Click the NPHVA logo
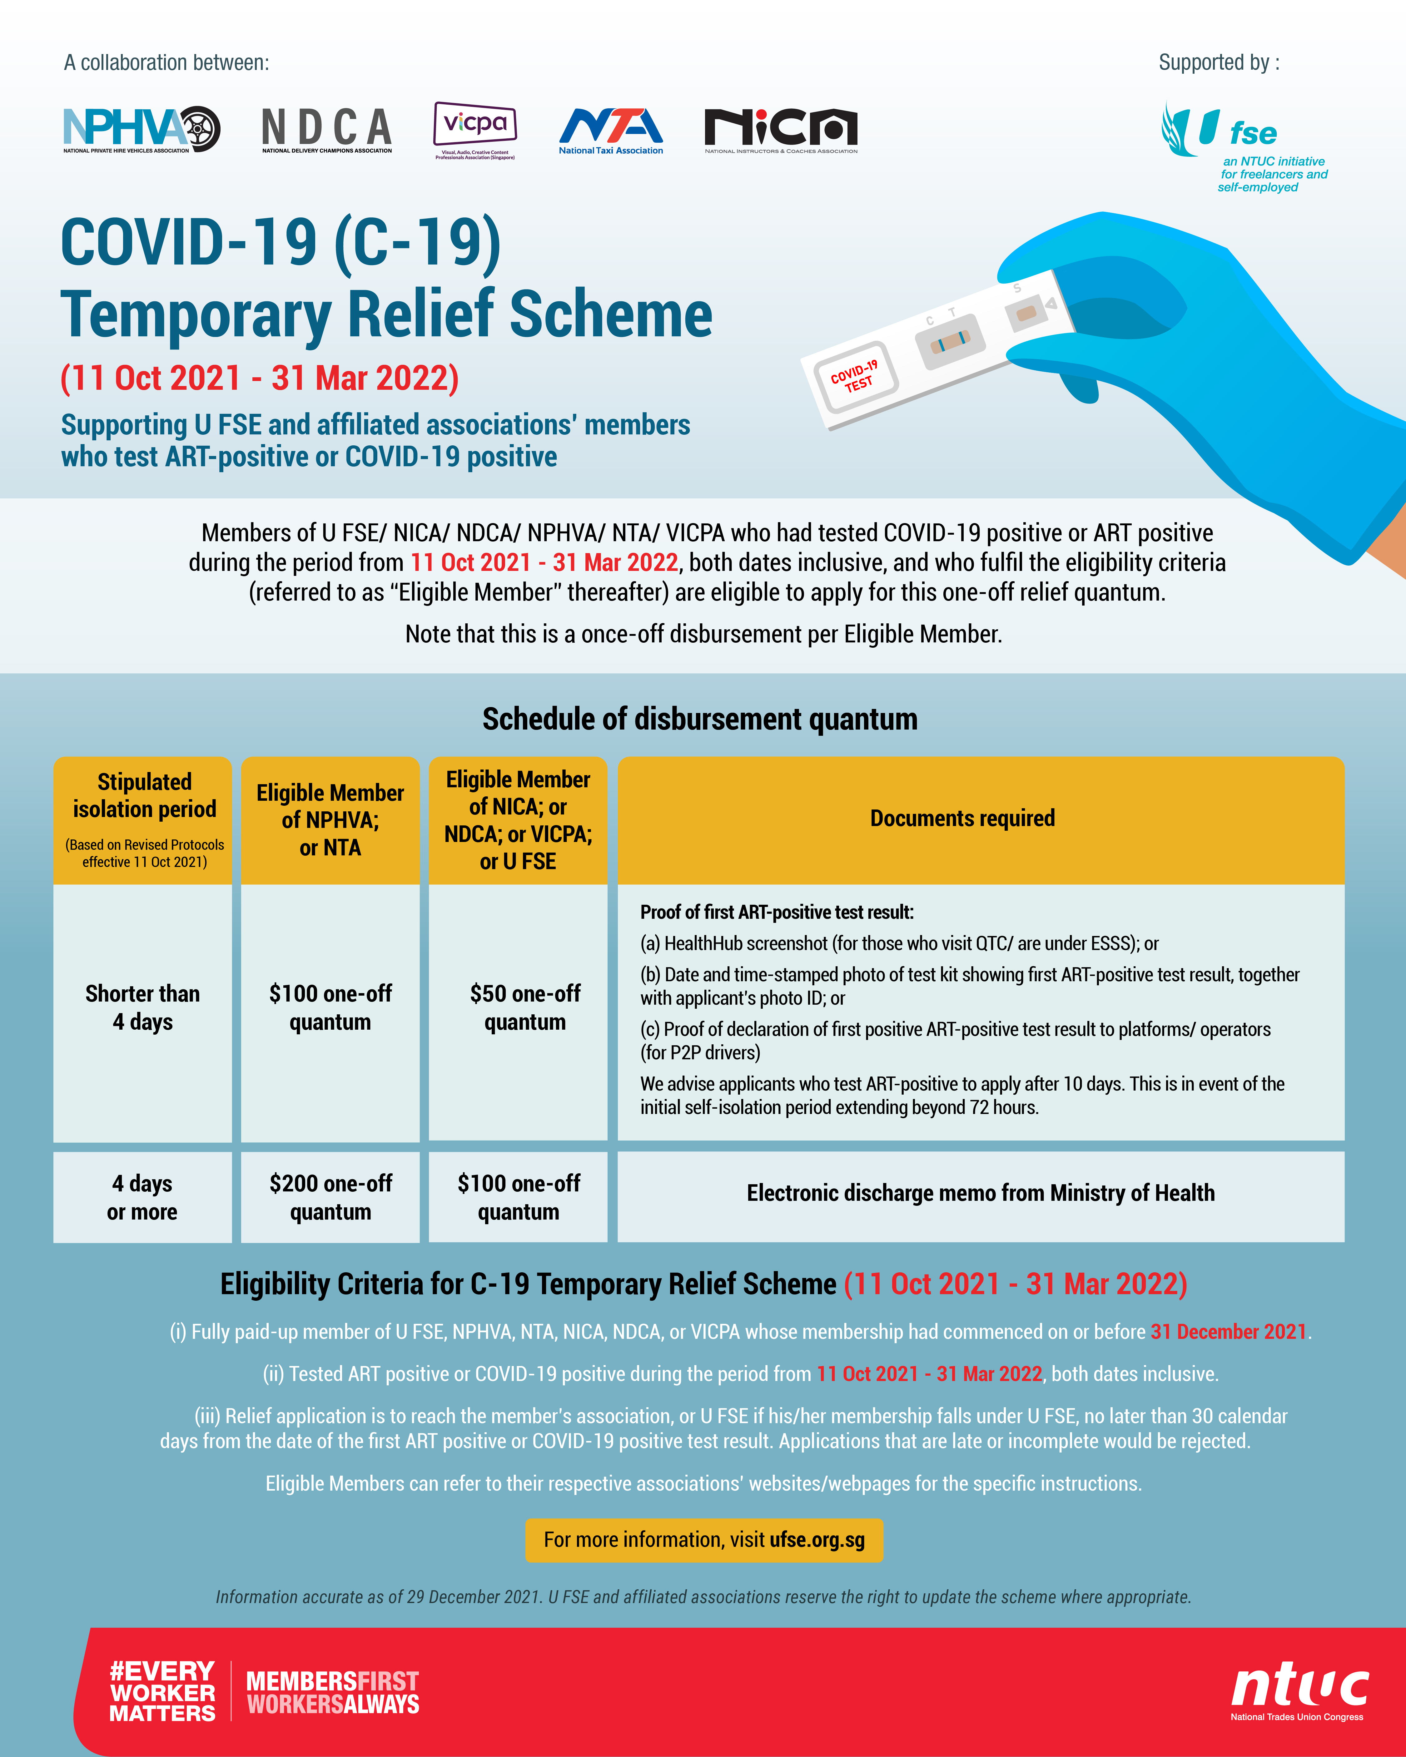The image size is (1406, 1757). [141, 129]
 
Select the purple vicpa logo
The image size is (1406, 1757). [475, 129]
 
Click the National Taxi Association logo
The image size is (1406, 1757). [610, 131]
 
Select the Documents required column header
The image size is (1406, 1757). [963, 818]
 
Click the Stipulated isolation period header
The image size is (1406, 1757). [144, 818]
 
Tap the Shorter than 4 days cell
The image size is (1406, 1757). [143, 1007]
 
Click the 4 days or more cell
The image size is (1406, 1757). [143, 1197]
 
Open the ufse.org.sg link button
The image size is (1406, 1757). [704, 1540]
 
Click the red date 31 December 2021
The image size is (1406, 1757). [1228, 1332]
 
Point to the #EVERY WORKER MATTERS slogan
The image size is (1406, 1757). [162, 1691]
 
